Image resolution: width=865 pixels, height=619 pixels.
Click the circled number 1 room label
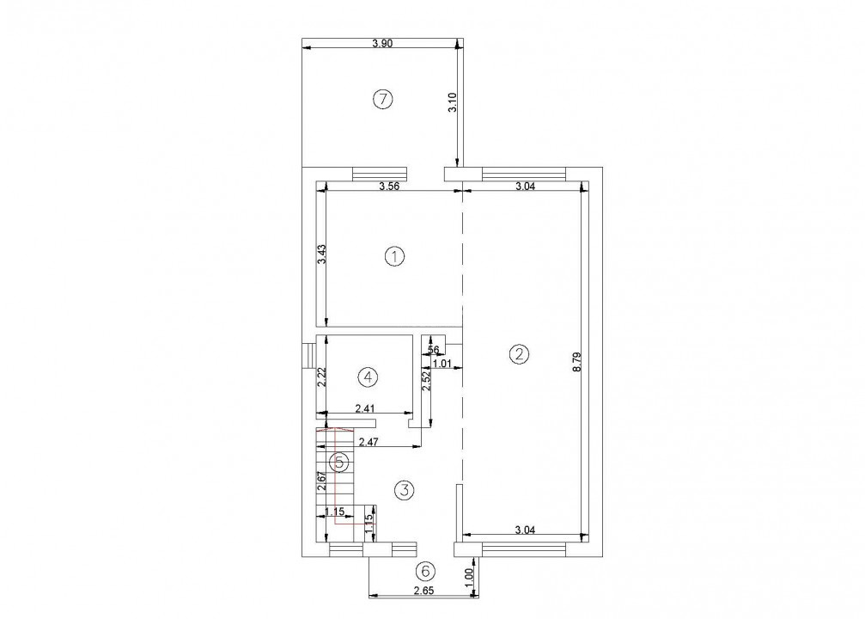pos(394,256)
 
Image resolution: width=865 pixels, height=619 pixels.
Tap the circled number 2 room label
pos(517,352)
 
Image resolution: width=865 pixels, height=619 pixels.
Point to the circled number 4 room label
pos(367,377)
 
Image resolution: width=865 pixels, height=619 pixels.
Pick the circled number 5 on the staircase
pos(340,463)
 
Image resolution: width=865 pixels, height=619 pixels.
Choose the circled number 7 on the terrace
pos(382,100)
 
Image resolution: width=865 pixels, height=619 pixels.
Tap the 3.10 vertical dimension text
pos(454,105)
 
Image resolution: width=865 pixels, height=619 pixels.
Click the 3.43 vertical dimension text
pos(320,255)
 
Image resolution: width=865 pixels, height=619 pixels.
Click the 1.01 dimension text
pos(442,364)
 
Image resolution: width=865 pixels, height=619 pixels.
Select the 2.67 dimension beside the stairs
pos(320,481)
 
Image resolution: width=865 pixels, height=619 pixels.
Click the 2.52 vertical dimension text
pos(425,382)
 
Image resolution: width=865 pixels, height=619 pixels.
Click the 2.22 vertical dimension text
pos(320,377)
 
